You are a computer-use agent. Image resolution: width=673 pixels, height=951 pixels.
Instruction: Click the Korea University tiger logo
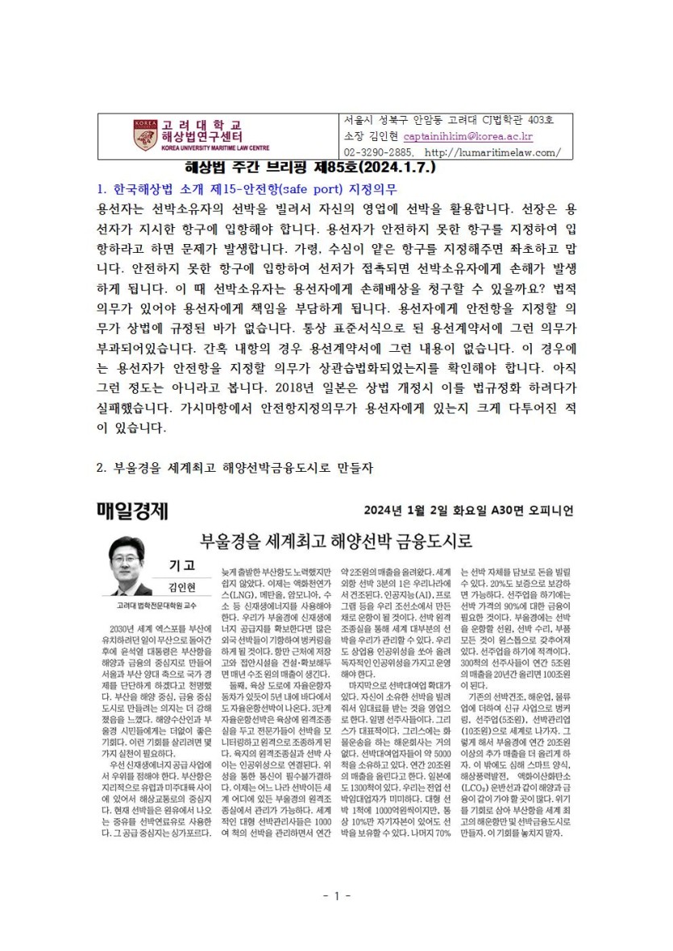pos(144,131)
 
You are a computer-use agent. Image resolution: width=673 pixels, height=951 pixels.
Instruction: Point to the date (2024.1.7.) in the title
pos(399,170)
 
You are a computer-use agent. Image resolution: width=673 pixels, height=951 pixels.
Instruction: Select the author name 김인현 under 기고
pos(182,585)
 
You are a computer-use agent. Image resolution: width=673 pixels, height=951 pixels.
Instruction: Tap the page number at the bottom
pos(335,895)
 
